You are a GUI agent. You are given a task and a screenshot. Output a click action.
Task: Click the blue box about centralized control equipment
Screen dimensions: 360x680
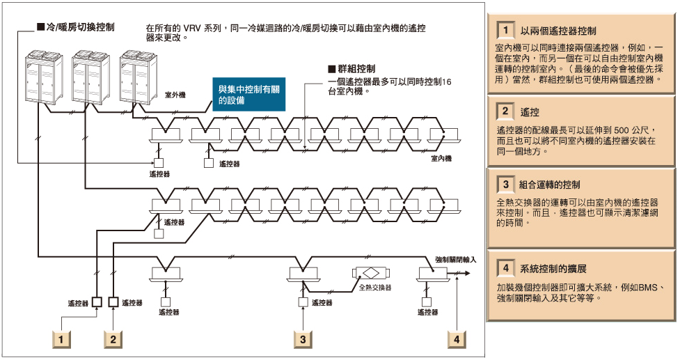(248, 95)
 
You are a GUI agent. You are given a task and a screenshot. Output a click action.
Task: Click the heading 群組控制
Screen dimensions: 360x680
(355, 69)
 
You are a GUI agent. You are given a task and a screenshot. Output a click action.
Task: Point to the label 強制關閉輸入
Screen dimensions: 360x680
(455, 258)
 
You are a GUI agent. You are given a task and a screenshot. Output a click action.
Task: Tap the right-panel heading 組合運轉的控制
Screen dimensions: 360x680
(550, 185)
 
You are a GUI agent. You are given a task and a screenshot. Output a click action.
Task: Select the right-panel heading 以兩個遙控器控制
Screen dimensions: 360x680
(559, 31)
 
